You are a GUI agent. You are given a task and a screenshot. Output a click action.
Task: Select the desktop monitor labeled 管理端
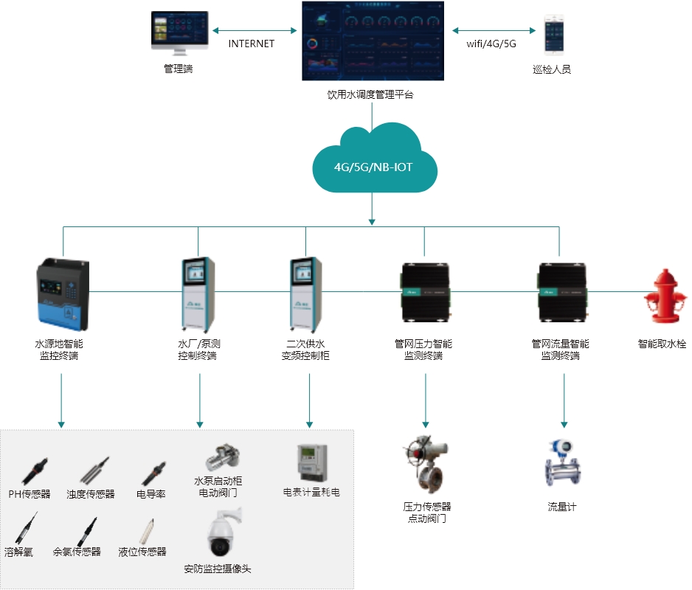point(179,34)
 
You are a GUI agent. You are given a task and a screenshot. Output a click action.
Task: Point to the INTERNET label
point(251,44)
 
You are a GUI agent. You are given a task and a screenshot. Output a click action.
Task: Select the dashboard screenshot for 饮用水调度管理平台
point(372,41)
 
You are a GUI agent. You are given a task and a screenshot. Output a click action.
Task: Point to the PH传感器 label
point(30,494)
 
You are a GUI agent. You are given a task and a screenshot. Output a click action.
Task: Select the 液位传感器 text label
point(142,552)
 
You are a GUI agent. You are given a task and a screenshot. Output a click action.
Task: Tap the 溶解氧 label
point(18,552)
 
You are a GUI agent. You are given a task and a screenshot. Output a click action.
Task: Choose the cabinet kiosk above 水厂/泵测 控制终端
point(198,293)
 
